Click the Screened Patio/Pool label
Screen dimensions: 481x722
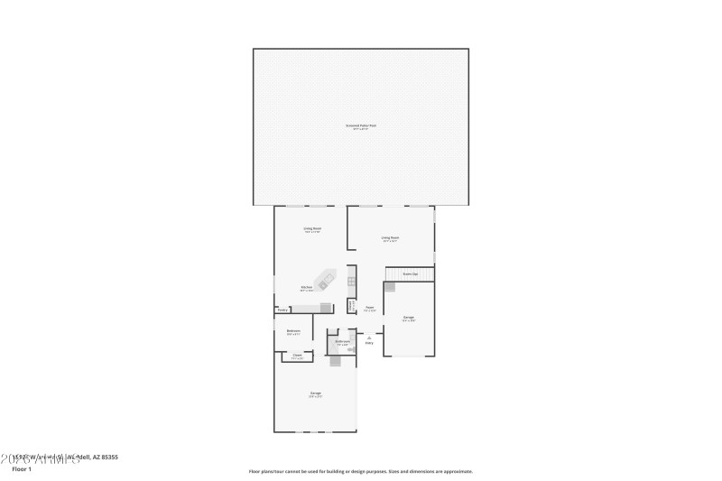(x=361, y=125)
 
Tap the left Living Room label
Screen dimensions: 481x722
(x=312, y=229)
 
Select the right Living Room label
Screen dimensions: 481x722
(x=390, y=238)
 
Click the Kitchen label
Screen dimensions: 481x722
(x=307, y=288)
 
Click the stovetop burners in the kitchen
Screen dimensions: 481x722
(x=352, y=282)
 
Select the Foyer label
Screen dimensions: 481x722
(x=369, y=308)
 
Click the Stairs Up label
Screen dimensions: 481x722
(x=409, y=273)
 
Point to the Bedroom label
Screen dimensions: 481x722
(x=293, y=331)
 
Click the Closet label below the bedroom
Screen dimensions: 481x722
(x=297, y=356)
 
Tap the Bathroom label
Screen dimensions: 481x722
(x=342, y=342)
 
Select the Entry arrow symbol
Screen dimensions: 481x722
(x=369, y=337)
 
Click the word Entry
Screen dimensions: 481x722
(x=369, y=344)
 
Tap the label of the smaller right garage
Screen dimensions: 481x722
(x=409, y=318)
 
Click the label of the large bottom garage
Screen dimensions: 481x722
(x=315, y=393)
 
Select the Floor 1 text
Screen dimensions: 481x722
(x=22, y=469)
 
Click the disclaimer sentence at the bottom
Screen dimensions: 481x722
(x=360, y=471)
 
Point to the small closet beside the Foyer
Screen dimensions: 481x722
(x=351, y=305)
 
